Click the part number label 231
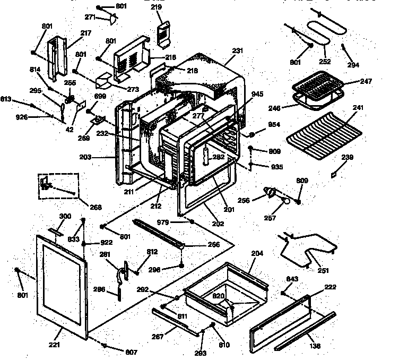tap(237, 51)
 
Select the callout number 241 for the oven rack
tap(358, 108)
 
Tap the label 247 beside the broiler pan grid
tap(366, 82)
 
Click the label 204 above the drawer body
tap(256, 254)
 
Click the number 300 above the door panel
tap(65, 216)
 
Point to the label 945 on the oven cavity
tap(257, 95)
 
